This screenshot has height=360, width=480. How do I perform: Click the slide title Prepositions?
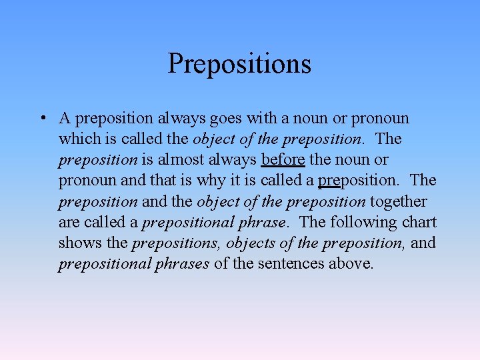(x=239, y=64)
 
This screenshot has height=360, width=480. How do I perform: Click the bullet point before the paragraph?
(x=42, y=119)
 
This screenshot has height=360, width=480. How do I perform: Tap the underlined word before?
(x=283, y=160)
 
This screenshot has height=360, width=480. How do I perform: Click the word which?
(x=77, y=139)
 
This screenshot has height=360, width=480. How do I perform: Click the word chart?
(x=419, y=222)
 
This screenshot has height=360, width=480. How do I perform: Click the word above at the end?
(x=351, y=264)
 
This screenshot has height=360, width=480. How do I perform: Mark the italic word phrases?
(x=183, y=264)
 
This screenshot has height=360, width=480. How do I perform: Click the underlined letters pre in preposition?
(x=329, y=181)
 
